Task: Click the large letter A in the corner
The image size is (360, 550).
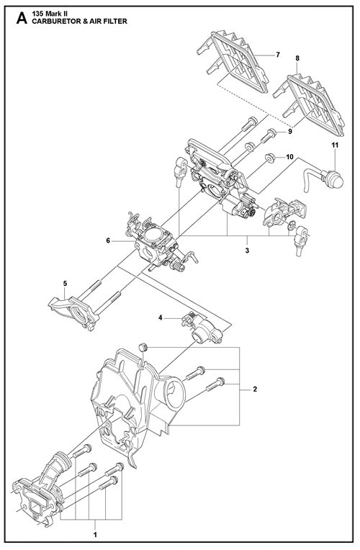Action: tap(22, 18)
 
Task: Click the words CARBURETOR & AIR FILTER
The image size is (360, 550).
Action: tap(79, 22)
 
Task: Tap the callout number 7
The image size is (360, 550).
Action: tap(277, 55)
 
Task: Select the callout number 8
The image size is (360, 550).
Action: tap(297, 58)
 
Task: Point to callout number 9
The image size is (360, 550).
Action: tap(290, 132)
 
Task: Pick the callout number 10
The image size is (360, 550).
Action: tap(289, 157)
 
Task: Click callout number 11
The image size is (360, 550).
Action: tap(335, 145)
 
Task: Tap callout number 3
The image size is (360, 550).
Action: tap(247, 251)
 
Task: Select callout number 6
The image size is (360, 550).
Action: tap(108, 240)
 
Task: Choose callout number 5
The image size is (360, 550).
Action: tap(66, 283)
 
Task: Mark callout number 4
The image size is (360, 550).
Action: tap(161, 317)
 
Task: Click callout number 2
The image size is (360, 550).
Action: tap(255, 389)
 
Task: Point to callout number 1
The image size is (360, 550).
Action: tap(95, 535)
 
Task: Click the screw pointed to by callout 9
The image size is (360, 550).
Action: tap(268, 136)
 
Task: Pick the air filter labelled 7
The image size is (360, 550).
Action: tap(232, 62)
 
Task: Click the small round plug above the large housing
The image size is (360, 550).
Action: tap(142, 348)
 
